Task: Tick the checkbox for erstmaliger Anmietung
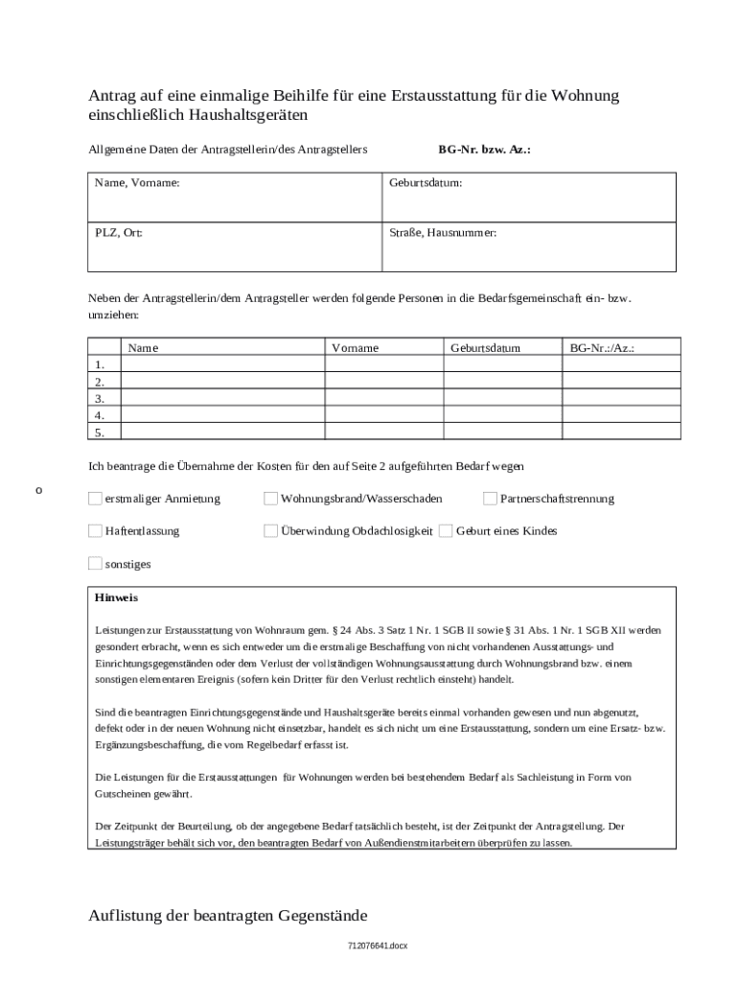pos(95,499)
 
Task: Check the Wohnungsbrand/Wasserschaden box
pos(271,499)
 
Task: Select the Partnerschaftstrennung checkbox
pos(491,499)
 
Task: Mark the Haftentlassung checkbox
pos(95,530)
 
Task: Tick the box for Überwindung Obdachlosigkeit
pos(271,530)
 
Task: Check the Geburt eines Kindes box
pos(446,530)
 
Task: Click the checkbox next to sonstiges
pos(95,563)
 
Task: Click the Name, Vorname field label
pos(137,182)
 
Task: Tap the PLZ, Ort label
pos(119,233)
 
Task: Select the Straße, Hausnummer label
pos(443,233)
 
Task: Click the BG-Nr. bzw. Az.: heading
pos(484,151)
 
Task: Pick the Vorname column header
pos(355,348)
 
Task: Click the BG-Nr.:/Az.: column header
pos(602,348)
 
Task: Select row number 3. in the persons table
pos(101,398)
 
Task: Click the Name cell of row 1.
pos(222,364)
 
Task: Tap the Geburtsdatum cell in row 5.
pos(501,433)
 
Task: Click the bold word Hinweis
pos(116,597)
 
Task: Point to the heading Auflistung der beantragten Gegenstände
pos(227,915)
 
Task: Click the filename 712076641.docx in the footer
pos(378,947)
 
